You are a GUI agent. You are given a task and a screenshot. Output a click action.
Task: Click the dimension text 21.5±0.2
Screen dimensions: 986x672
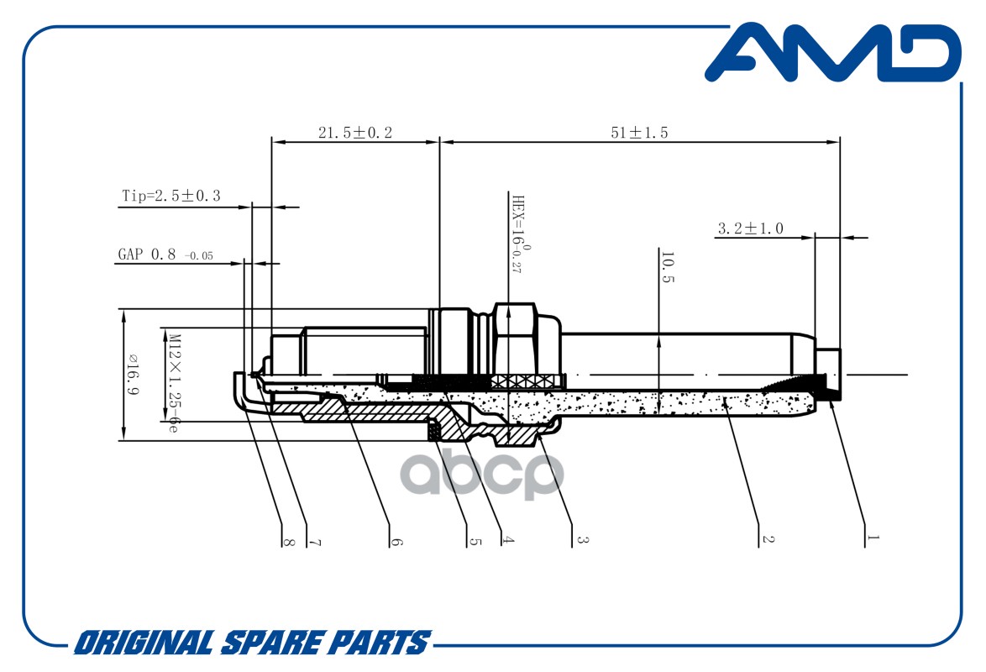pyautogui.click(x=354, y=133)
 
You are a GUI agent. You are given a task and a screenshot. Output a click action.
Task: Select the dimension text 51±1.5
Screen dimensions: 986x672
pyautogui.click(x=639, y=133)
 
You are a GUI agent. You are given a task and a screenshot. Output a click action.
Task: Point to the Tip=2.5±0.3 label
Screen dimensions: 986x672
pyautogui.click(x=171, y=196)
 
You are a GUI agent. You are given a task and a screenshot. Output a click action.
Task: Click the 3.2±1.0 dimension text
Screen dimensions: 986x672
pyautogui.click(x=751, y=228)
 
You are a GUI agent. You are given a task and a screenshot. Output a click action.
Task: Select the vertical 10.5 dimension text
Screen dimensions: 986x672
pyautogui.click(x=668, y=267)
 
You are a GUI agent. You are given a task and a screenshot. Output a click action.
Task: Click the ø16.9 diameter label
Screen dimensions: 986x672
pyautogui.click(x=134, y=375)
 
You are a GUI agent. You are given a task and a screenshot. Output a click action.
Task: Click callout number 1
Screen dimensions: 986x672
pyautogui.click(x=872, y=538)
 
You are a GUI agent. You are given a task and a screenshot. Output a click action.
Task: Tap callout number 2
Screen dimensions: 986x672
pyautogui.click(x=767, y=539)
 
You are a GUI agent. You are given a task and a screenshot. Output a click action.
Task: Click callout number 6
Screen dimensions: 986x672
pyautogui.click(x=396, y=541)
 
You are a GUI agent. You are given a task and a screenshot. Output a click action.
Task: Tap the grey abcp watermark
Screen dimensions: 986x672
pyautogui.click(x=482, y=474)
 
